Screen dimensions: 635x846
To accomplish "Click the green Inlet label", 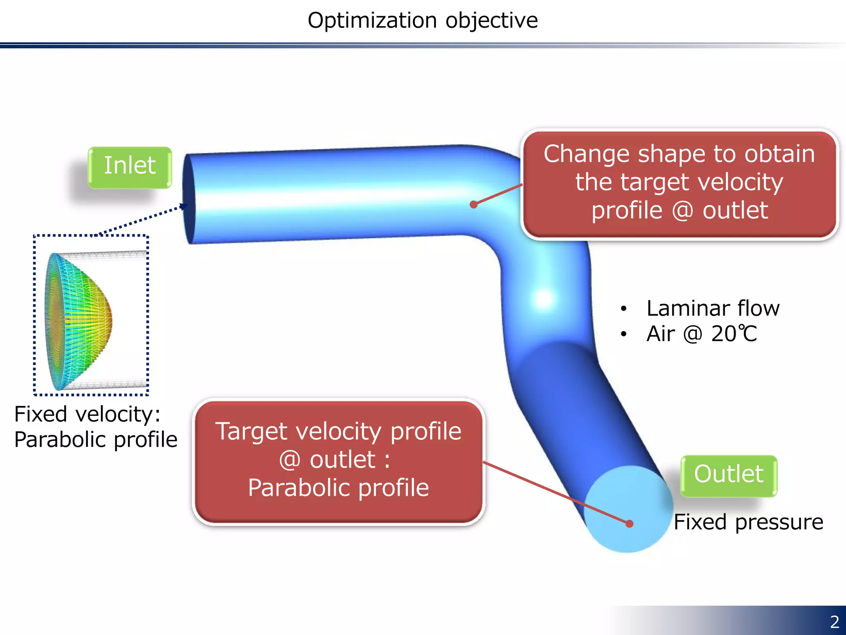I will tap(130, 166).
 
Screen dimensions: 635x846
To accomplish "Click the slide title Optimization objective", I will tap(423, 21).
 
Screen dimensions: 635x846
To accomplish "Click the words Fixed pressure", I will tap(748, 522).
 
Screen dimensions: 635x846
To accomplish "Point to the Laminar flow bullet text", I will tap(713, 308).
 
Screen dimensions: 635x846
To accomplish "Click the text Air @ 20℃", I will tap(701, 334).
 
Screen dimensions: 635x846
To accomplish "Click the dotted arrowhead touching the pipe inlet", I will tap(183, 206).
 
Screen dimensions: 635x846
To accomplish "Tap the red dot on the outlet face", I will tap(629, 524).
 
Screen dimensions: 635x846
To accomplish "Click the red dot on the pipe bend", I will tap(474, 204).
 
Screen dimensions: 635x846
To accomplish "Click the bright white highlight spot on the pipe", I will tap(543, 298).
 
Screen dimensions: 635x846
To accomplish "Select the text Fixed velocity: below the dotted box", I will tap(87, 415).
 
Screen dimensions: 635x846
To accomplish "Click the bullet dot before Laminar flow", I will tap(623, 308).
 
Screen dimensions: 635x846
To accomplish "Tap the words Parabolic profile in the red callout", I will tap(338, 488).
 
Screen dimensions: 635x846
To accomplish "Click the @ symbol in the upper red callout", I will tap(682, 211).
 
